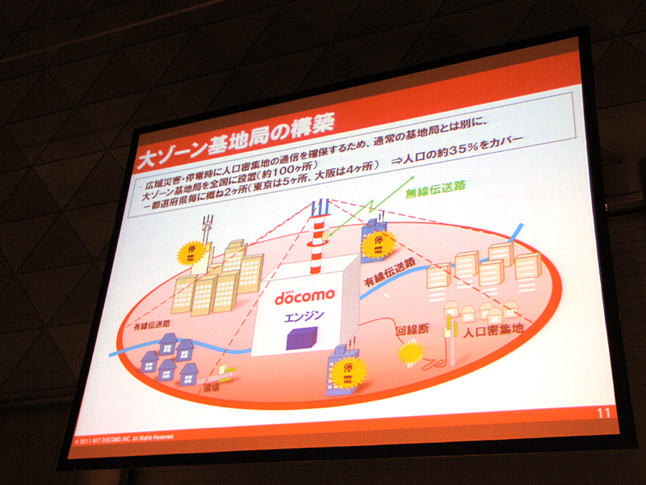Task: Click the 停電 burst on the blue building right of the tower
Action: point(377,242)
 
